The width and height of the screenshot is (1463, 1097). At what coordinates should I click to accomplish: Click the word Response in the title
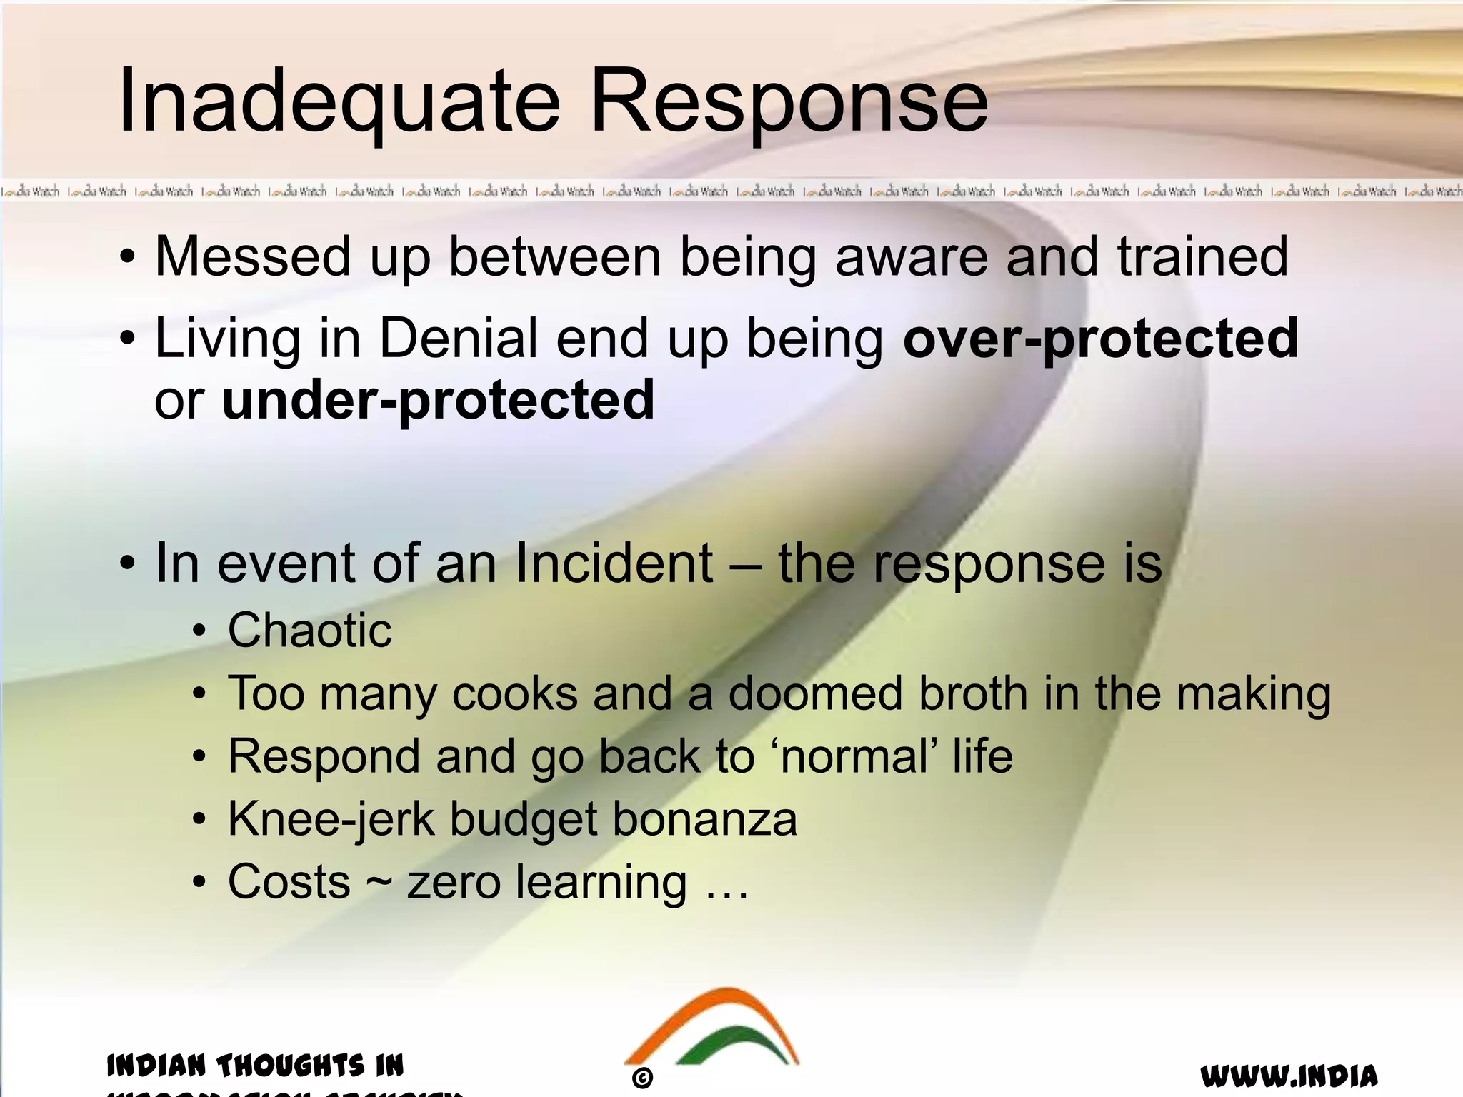click(789, 101)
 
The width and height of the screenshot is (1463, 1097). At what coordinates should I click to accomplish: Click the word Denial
click(458, 338)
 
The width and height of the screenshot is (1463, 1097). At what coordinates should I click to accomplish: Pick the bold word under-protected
click(438, 400)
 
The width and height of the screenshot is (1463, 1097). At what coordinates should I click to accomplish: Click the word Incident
click(613, 563)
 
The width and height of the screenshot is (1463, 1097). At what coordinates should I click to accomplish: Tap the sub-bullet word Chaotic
click(309, 631)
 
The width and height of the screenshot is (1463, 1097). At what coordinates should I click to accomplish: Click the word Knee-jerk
click(331, 819)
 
